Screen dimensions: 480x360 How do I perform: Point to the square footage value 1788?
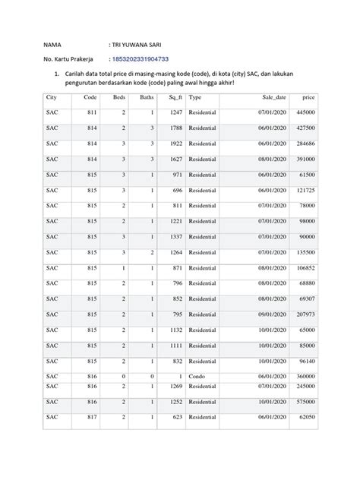tap(175, 128)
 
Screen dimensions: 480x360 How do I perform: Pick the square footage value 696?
tap(177, 191)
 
